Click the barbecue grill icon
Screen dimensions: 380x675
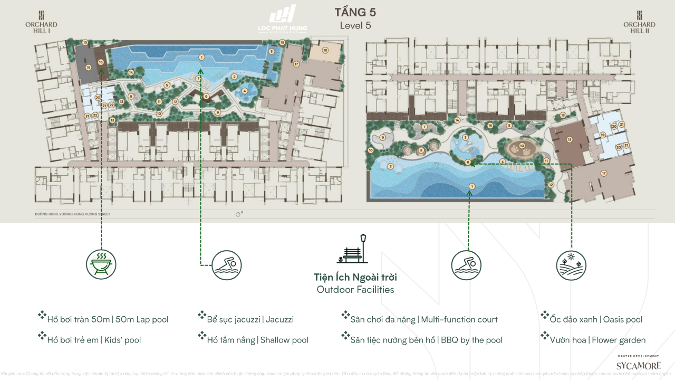click(x=101, y=264)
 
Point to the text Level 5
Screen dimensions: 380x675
click(x=355, y=25)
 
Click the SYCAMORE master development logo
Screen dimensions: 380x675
click(x=638, y=363)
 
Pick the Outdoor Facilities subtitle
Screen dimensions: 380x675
click(x=355, y=290)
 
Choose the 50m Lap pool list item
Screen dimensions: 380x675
click(x=108, y=319)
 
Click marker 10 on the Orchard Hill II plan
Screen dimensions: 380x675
click(x=522, y=146)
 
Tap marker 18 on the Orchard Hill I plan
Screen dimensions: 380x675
click(x=325, y=50)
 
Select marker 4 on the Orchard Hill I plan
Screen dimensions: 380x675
click(x=245, y=91)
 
